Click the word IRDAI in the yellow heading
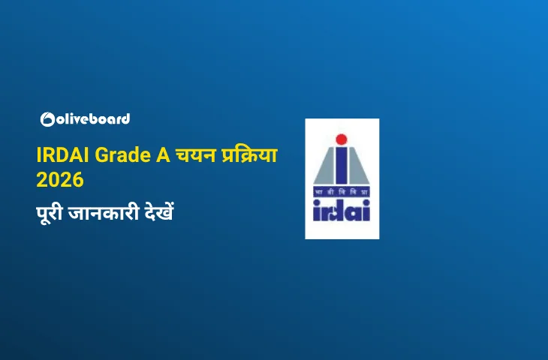click(x=63, y=155)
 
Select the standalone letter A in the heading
click(x=163, y=155)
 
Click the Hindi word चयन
click(x=196, y=154)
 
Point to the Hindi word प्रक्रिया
click(x=249, y=154)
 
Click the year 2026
click(x=60, y=179)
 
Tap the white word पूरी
click(x=50, y=212)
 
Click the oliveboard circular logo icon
click(x=47, y=119)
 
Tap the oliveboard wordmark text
click(x=93, y=119)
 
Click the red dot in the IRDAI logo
click(x=342, y=139)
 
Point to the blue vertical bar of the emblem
click(x=342, y=166)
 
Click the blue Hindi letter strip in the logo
click(x=342, y=192)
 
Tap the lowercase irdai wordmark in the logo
click(x=342, y=210)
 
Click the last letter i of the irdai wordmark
click(x=366, y=210)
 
